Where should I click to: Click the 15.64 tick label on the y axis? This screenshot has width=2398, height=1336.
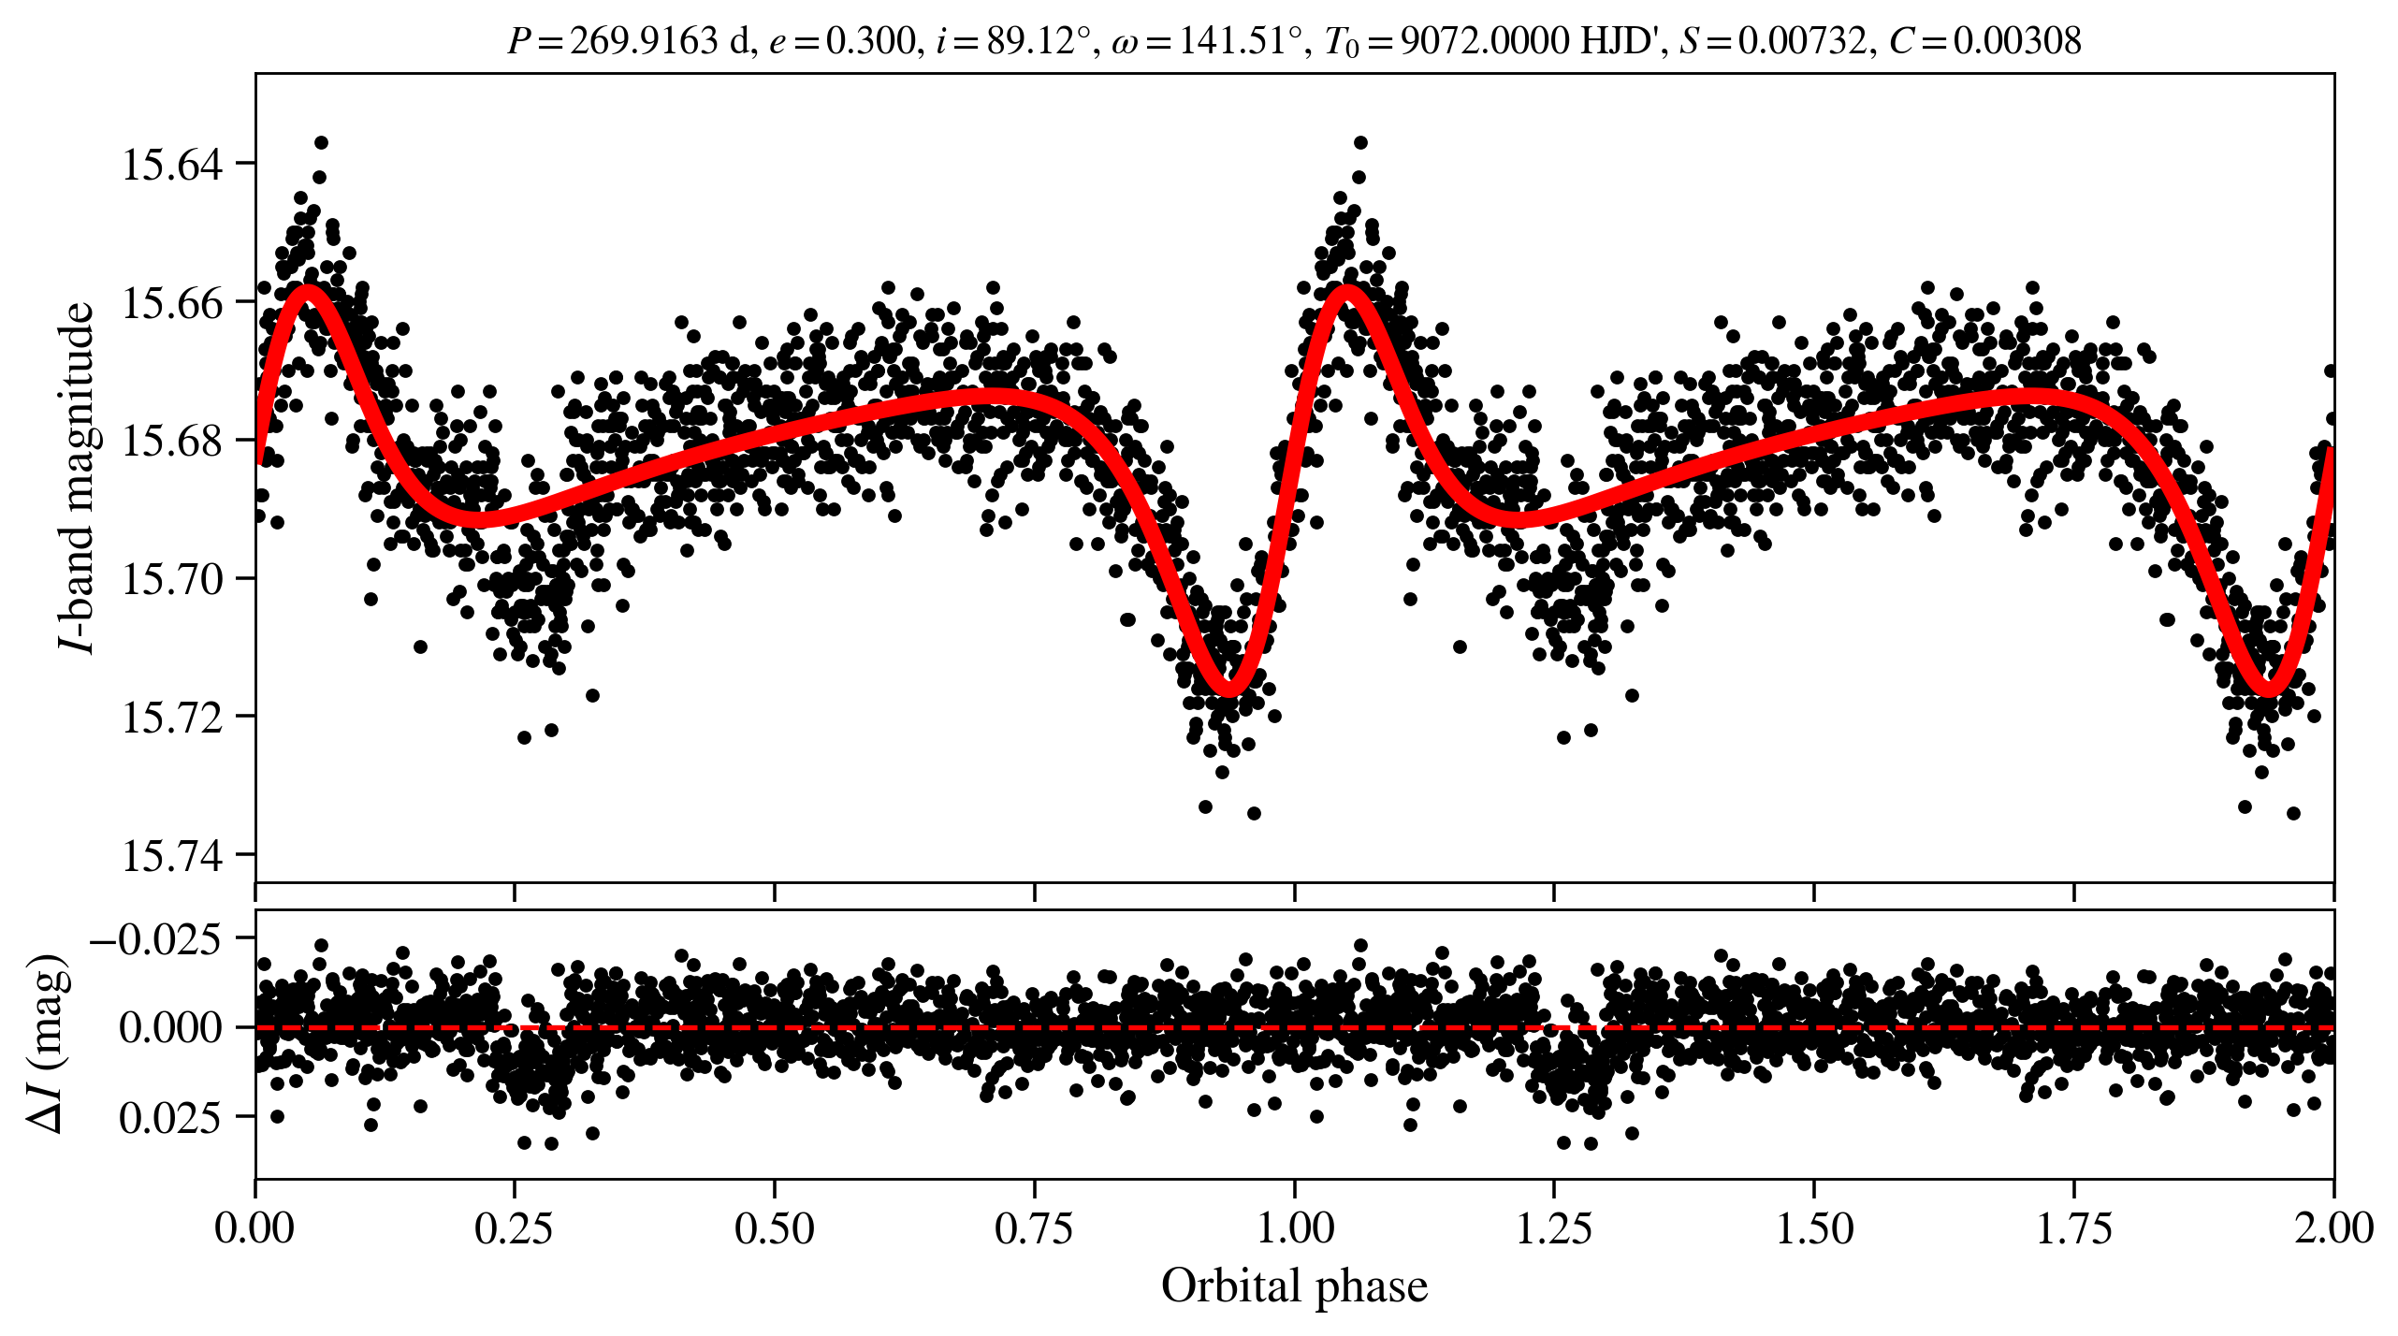point(173,166)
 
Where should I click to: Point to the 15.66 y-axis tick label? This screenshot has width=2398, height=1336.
point(173,303)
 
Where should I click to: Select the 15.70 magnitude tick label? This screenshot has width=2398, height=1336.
point(173,580)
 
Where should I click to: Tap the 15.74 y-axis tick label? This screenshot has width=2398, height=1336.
point(173,857)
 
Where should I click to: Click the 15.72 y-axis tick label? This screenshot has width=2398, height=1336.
point(173,719)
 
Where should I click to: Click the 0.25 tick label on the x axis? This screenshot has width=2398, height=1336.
point(514,1227)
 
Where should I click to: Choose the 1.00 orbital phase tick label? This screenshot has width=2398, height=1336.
point(1294,1227)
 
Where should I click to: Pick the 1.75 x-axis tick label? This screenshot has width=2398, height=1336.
point(2074,1227)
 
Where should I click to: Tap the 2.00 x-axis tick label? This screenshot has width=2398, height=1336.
point(2333,1227)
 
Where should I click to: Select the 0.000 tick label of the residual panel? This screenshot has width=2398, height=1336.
point(170,1027)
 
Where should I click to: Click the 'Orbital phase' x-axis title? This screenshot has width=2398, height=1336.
point(1294,1286)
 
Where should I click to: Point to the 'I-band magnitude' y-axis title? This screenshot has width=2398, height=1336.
point(77,477)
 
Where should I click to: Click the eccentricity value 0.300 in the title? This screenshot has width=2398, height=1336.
point(870,41)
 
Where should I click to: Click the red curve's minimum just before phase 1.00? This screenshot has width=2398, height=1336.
point(1228,690)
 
